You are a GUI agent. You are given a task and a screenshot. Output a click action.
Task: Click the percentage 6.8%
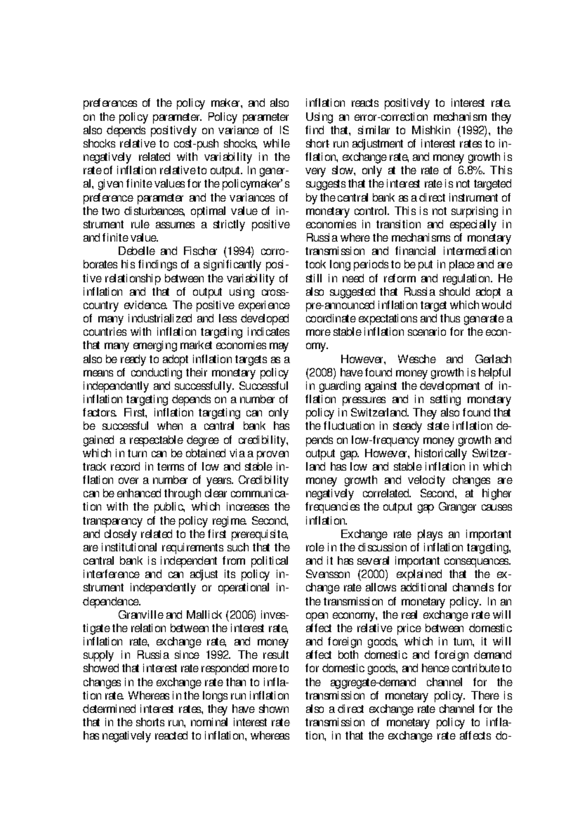pos(471,170)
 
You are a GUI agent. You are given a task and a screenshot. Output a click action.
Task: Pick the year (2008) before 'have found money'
pos(320,373)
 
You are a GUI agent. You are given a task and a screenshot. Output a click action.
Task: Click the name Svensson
pos(326,574)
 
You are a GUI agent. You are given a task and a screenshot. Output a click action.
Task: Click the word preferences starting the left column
pos(109,103)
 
